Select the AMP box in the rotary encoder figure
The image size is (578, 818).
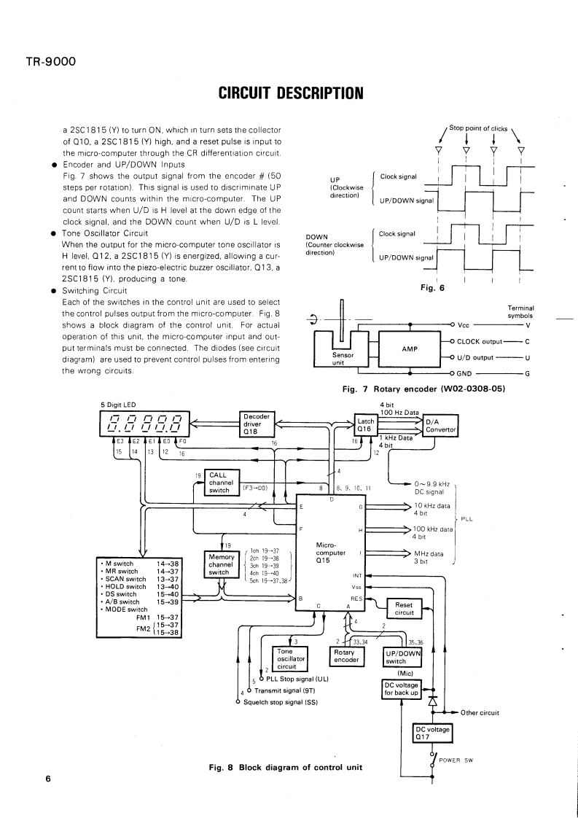(x=409, y=348)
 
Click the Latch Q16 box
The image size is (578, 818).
(x=364, y=424)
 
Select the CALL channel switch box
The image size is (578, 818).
(x=219, y=483)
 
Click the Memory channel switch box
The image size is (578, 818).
(x=219, y=564)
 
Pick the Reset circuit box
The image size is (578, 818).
(x=403, y=608)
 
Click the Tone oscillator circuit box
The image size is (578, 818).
(x=290, y=658)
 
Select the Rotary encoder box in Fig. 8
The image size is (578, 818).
(x=346, y=655)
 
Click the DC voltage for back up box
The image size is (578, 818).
(x=402, y=689)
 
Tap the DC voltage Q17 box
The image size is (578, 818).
(x=432, y=731)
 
